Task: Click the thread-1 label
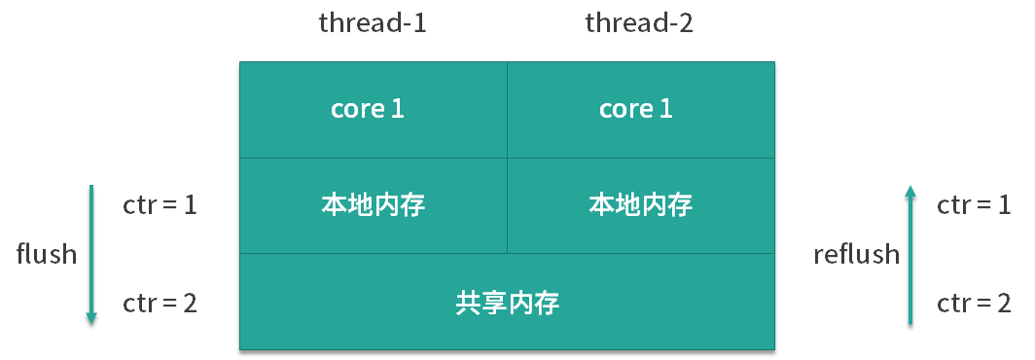pos(373,23)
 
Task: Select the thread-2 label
pos(639,23)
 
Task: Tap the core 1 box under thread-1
pos(374,110)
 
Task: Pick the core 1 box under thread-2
pos(641,110)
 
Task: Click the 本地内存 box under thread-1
pos(374,205)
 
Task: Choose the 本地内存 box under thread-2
pos(641,205)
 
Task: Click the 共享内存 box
pos(507,302)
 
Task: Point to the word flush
pos(47,254)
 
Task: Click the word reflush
pos(857,254)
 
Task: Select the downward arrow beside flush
pos(91,255)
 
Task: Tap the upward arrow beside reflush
pos(910,255)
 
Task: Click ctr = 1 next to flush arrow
pos(160,205)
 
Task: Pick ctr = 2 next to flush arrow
pos(160,304)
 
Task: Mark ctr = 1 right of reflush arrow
pos(974,205)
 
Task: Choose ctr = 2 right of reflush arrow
pos(974,304)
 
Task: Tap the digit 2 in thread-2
pos(686,23)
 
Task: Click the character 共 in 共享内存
pos(468,304)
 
